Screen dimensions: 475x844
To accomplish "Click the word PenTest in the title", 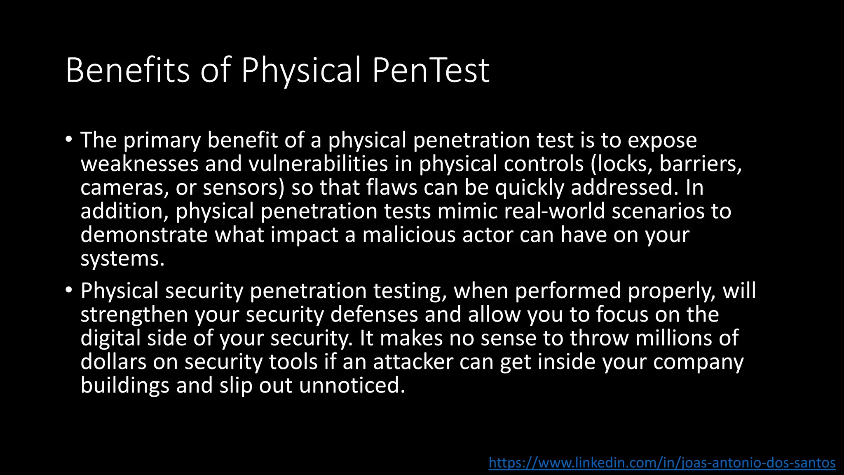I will (430, 71).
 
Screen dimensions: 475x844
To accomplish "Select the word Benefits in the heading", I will (127, 71).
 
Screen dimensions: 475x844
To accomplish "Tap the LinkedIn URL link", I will (662, 463).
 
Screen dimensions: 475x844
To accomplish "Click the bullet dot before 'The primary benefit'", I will (68, 139).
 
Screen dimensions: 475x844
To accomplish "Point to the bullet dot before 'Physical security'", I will (68, 289).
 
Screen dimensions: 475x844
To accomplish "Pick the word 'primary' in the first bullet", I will (162, 140).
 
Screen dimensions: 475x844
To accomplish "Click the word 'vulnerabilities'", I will (318, 164).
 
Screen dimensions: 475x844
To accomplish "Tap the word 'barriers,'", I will (700, 164).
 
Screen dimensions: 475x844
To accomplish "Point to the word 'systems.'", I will (122, 259).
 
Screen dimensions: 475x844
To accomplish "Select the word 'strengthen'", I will (134, 315).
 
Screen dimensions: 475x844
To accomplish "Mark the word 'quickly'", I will (529, 188).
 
